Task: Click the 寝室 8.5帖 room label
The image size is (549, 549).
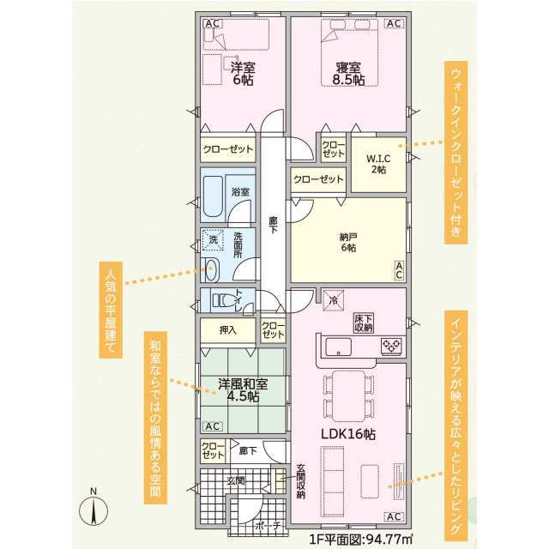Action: [349, 74]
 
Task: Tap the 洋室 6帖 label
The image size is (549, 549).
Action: [243, 74]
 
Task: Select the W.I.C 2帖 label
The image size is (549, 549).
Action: [378, 164]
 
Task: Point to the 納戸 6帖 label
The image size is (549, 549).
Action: [348, 242]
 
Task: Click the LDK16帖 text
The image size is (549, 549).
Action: [348, 435]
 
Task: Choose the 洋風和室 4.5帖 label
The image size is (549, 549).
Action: [243, 390]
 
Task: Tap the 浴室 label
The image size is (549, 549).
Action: [240, 192]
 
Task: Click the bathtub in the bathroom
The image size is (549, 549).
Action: [213, 197]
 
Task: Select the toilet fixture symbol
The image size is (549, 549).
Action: [225, 300]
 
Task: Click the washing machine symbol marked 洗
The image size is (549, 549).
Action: [213, 240]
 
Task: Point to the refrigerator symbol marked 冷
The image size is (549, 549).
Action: [334, 300]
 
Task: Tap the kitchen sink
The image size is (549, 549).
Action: [339, 347]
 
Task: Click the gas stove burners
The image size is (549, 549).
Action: [391, 346]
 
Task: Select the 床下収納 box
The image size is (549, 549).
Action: [364, 323]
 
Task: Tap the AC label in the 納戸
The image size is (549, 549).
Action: [400, 270]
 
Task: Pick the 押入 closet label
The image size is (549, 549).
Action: [228, 330]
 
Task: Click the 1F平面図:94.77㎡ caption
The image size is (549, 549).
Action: [361, 538]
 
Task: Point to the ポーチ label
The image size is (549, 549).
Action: [268, 526]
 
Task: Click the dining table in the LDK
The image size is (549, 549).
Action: [348, 396]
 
